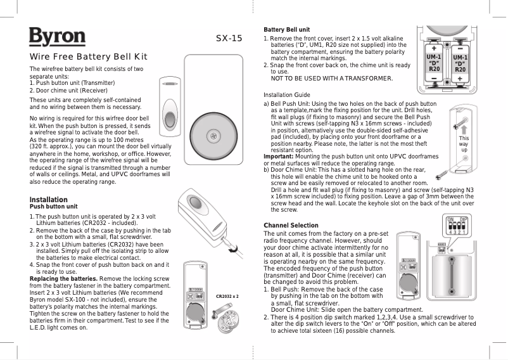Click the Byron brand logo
(57, 37)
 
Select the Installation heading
(49, 200)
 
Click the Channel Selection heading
(291, 226)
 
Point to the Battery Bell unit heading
(286, 30)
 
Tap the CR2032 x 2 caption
(227, 296)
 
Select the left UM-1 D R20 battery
(434, 64)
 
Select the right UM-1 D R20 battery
(460, 64)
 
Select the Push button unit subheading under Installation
(54, 207)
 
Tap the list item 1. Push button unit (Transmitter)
(72, 83)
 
